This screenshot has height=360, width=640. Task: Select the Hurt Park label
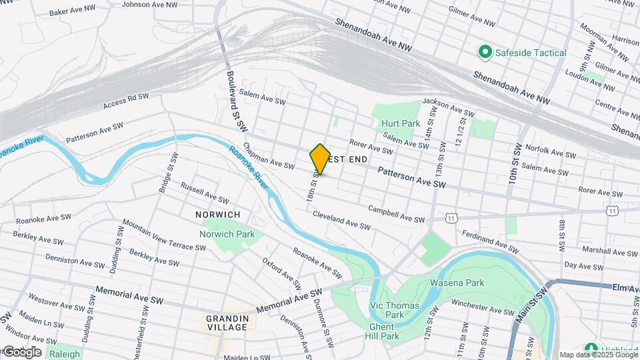click(x=400, y=123)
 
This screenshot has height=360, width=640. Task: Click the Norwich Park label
click(x=227, y=234)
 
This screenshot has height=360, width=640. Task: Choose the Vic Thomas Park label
click(x=387, y=309)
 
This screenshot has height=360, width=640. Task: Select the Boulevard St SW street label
click(x=237, y=101)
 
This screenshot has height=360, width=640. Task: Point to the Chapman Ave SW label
click(x=269, y=155)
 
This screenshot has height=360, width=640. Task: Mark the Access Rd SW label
click(x=126, y=101)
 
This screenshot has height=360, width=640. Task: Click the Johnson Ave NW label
click(x=150, y=4)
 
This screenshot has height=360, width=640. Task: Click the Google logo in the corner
click(x=21, y=352)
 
